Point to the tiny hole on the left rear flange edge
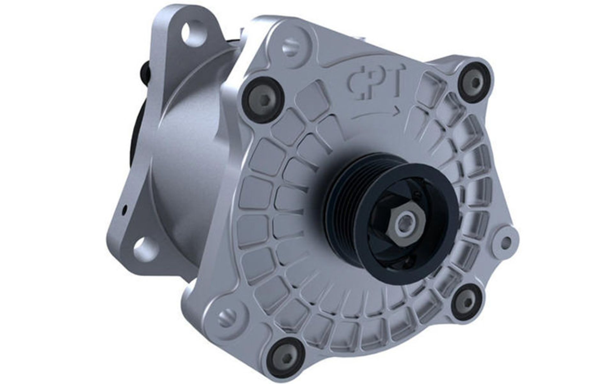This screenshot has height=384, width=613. pos(125,209)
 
